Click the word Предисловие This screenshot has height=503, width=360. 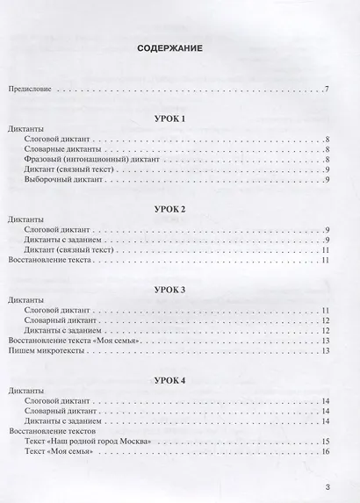tap(31, 90)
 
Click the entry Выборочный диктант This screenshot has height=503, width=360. tap(67, 180)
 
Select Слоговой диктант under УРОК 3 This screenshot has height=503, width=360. tap(61, 311)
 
